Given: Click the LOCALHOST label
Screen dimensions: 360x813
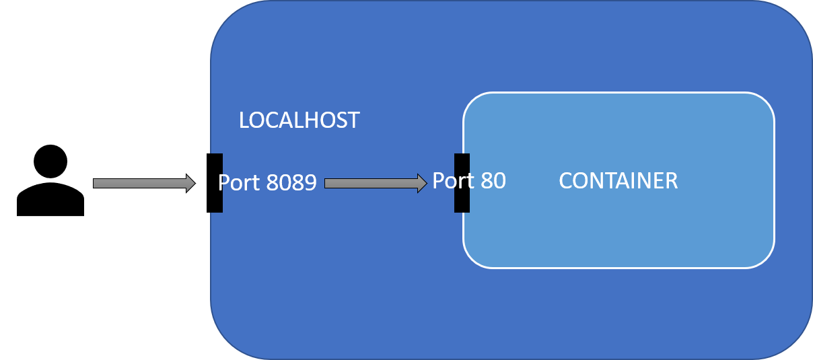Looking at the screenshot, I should coord(299,120).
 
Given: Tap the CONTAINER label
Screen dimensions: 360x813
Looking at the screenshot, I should coord(618,181).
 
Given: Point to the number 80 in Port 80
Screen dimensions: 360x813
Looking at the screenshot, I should coord(492,180).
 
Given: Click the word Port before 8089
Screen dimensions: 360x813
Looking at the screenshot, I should coord(239,183).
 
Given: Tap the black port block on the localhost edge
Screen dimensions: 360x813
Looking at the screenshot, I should coord(215,165).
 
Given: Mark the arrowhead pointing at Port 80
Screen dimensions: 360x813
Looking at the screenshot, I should coord(422,183).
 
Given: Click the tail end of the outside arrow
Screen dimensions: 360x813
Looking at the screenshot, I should coord(96,183).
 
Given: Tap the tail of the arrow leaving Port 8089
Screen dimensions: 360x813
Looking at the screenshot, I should coord(328,183).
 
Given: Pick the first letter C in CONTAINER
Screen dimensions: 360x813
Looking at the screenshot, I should coord(566,181).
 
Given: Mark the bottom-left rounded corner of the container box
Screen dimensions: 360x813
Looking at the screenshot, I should coord(474,257).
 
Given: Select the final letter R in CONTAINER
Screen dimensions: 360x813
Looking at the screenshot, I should coord(671,181).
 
